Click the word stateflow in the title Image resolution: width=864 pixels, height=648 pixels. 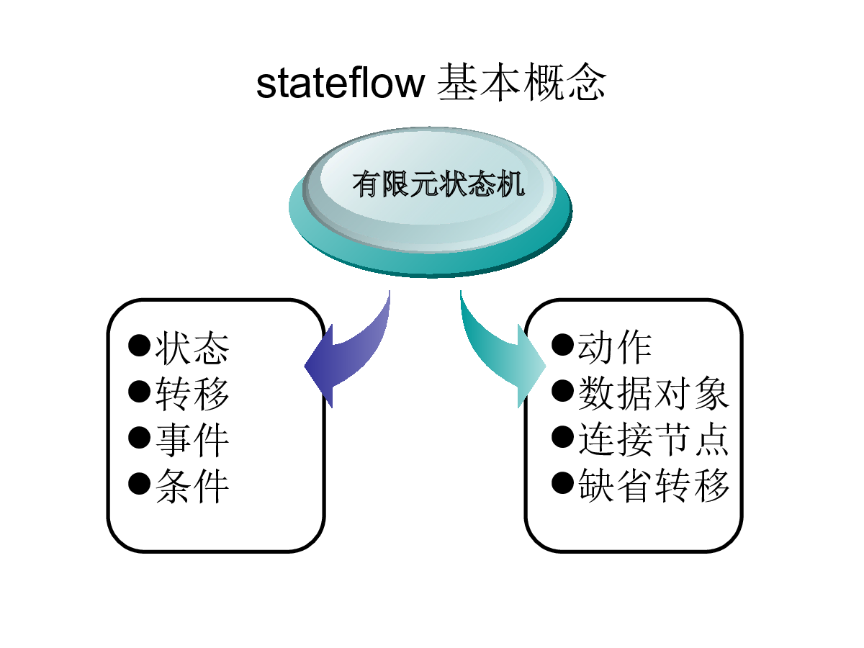[340, 84]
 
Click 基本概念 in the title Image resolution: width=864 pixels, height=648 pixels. [521, 82]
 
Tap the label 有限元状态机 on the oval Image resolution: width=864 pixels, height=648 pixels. [438, 184]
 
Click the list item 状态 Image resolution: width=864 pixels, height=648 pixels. [192, 348]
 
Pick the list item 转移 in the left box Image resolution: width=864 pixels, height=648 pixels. [192, 393]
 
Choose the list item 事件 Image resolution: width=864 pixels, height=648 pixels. [192, 439]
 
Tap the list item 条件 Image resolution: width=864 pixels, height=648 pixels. [192, 485]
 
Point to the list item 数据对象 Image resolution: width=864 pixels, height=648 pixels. [654, 392]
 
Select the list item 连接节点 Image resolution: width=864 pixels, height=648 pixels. [654, 438]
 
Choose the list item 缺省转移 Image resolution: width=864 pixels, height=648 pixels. [654, 485]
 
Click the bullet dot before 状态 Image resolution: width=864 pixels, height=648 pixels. [140, 346]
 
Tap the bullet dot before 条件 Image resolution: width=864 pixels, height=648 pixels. [140, 483]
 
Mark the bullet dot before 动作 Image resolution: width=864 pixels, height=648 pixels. [562, 345]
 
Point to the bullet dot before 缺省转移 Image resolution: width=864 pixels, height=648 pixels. [562, 482]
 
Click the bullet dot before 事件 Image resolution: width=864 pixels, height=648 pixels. [140, 437]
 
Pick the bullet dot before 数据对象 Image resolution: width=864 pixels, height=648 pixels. [562, 391]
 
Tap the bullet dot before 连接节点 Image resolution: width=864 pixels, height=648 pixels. [562, 436]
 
